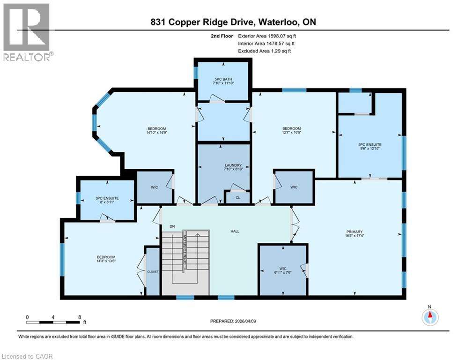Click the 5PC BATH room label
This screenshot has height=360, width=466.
tap(223, 78)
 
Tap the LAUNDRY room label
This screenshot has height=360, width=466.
tap(233, 165)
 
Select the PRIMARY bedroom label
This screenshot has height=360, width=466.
tap(354, 231)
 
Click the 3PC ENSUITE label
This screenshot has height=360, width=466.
tap(107, 198)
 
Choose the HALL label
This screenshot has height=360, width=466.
tap(235, 231)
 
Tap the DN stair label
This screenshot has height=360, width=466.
tap(172, 227)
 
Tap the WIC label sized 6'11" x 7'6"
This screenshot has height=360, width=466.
tap(283, 270)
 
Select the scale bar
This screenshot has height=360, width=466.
tap(53, 322)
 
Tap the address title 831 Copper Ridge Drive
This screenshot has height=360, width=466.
tap(233, 22)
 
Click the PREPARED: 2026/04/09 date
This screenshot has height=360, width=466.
tap(232, 321)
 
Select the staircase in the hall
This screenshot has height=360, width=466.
tap(185, 262)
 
